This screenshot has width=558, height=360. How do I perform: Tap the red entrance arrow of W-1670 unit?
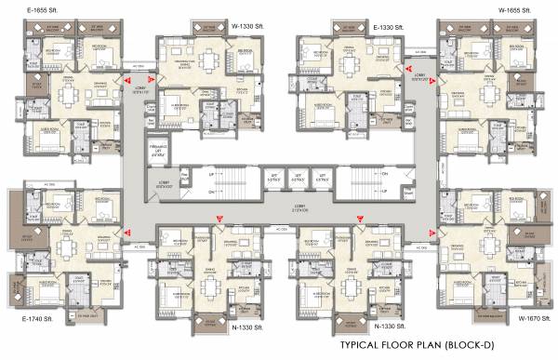pos(432,233)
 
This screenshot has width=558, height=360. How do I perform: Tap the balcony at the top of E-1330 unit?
pos(320,41)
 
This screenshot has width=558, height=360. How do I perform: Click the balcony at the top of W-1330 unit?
pos(238,41)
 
